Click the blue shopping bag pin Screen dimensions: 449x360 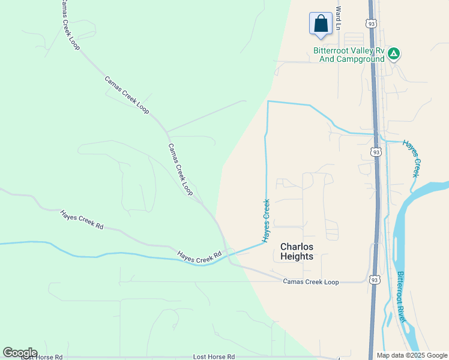click(x=321, y=24)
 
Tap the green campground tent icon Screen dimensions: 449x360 click(x=394, y=54)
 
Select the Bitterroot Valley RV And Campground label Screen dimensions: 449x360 click(x=349, y=55)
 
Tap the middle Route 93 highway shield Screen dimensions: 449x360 click(x=376, y=152)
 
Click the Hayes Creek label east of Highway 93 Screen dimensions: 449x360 click(x=411, y=158)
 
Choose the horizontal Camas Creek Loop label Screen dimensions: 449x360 click(x=311, y=282)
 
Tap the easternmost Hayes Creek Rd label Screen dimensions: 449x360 click(x=200, y=256)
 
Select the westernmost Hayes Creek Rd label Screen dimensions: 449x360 click(x=82, y=220)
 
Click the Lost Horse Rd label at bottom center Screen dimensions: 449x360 click(x=214, y=357)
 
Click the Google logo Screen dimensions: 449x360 click(x=19, y=353)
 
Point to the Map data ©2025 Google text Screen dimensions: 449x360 click(x=412, y=355)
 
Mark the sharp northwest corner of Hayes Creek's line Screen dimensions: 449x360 click(x=268, y=101)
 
